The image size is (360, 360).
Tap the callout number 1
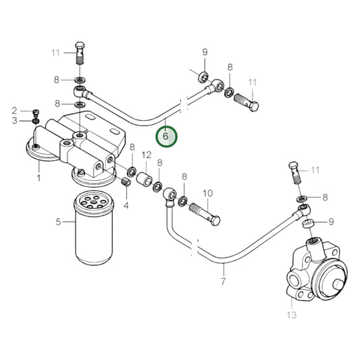38,179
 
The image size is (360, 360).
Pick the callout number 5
58,221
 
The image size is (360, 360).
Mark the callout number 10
207,193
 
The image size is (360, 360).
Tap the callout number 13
291,314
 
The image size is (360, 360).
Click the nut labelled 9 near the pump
309,222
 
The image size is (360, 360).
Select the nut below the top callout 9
203,73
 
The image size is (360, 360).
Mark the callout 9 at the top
205,52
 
